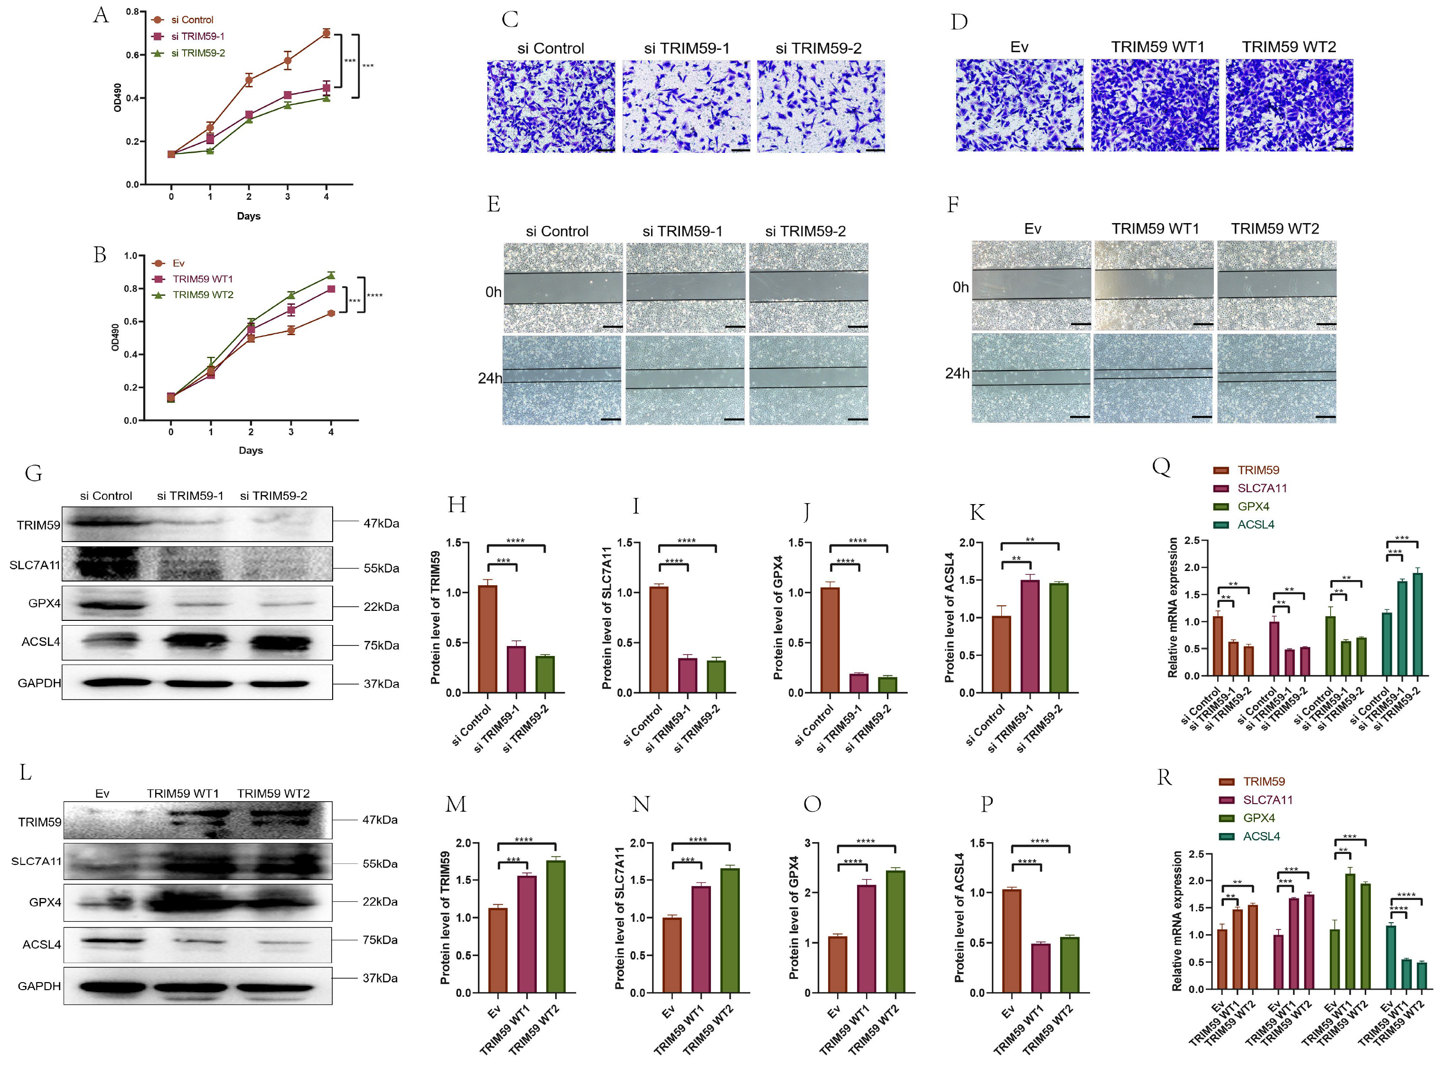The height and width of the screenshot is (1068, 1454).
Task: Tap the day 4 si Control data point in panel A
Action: [x=326, y=33]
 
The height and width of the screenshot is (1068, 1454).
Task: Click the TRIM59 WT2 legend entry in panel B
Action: [x=202, y=295]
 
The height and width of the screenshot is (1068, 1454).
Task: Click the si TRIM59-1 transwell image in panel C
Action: [x=686, y=107]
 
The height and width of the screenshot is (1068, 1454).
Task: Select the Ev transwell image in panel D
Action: [x=1019, y=105]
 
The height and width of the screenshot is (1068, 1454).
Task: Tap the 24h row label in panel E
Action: [x=489, y=378]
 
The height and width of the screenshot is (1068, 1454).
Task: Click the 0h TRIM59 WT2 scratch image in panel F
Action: [x=1277, y=286]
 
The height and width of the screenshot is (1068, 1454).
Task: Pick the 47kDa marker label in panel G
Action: [x=381, y=523]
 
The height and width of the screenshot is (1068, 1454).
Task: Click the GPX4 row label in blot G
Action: [x=44, y=603]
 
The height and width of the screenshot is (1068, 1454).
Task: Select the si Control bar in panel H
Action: [x=487, y=639]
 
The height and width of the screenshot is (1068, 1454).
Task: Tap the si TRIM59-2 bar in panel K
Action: [x=1059, y=637]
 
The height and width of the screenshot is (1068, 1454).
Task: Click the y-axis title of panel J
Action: [x=778, y=618]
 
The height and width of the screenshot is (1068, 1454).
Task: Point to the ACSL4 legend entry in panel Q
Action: [x=1255, y=525]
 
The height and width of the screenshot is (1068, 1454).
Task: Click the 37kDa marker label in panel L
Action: [x=379, y=978]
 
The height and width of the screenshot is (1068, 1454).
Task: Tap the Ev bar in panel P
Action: [x=1011, y=941]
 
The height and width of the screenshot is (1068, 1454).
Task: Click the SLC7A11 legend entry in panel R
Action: [x=1267, y=800]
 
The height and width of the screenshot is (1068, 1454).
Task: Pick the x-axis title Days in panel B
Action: [x=251, y=450]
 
